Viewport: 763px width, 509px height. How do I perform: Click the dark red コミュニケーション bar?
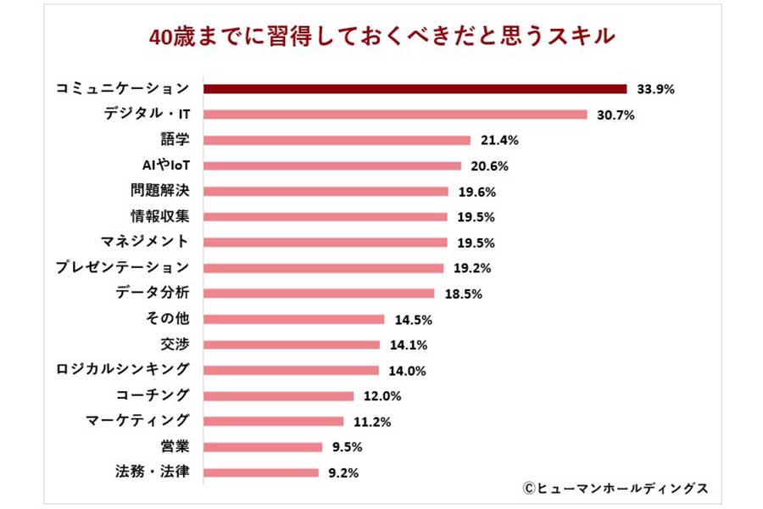pyautogui.click(x=415, y=89)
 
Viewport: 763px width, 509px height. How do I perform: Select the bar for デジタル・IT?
pyautogui.click(x=396, y=115)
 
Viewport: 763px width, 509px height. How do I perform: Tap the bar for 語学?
pyautogui.click(x=337, y=140)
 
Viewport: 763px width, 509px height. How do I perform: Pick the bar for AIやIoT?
pyautogui.click(x=333, y=165)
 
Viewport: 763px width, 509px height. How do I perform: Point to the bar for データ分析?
pyautogui.click(x=320, y=294)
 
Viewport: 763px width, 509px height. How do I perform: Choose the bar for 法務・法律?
pyautogui.click(x=262, y=473)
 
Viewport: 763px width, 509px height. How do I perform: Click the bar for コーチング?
pyautogui.click(x=279, y=396)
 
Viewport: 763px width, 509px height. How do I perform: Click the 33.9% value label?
pyautogui.click(x=654, y=89)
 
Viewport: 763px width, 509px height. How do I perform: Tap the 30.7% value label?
pyautogui.click(x=615, y=115)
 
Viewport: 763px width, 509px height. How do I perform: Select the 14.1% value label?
pyautogui.click(x=409, y=345)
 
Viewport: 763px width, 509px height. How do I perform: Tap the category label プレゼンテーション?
pyautogui.click(x=123, y=268)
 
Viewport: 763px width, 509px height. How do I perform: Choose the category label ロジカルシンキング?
pyautogui.click(x=123, y=370)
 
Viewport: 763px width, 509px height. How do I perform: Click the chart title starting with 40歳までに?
pyautogui.click(x=381, y=38)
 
